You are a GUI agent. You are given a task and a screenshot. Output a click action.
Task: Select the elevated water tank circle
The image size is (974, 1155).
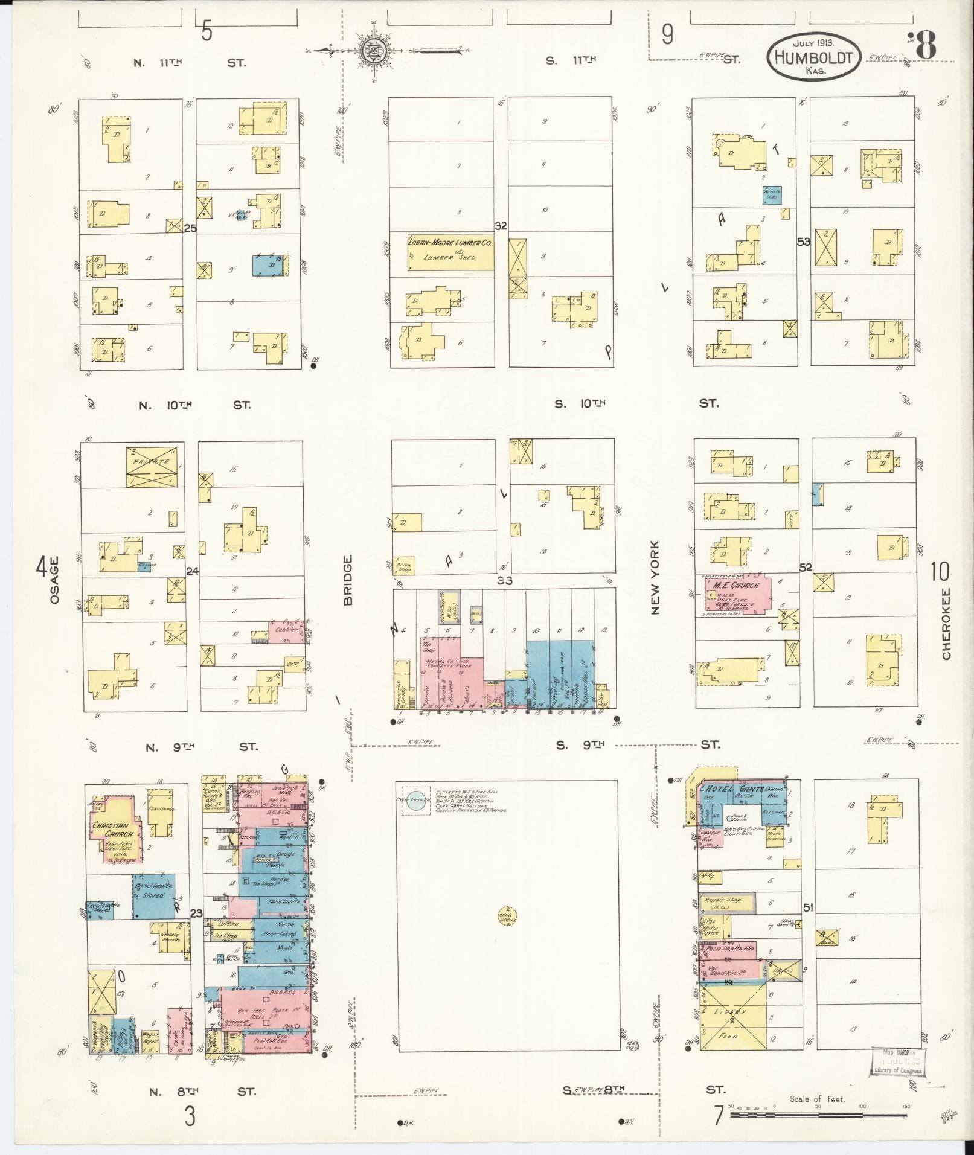tap(415, 801)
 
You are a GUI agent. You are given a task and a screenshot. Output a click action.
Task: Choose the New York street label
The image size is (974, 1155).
tap(655, 577)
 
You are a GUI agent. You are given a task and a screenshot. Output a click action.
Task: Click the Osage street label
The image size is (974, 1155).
tap(54, 580)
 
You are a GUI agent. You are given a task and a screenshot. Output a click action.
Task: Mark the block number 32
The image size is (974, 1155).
tap(501, 226)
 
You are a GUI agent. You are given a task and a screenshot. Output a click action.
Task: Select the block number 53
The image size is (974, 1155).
tap(803, 242)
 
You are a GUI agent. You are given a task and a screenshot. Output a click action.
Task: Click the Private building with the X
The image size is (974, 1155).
tap(155, 466)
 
